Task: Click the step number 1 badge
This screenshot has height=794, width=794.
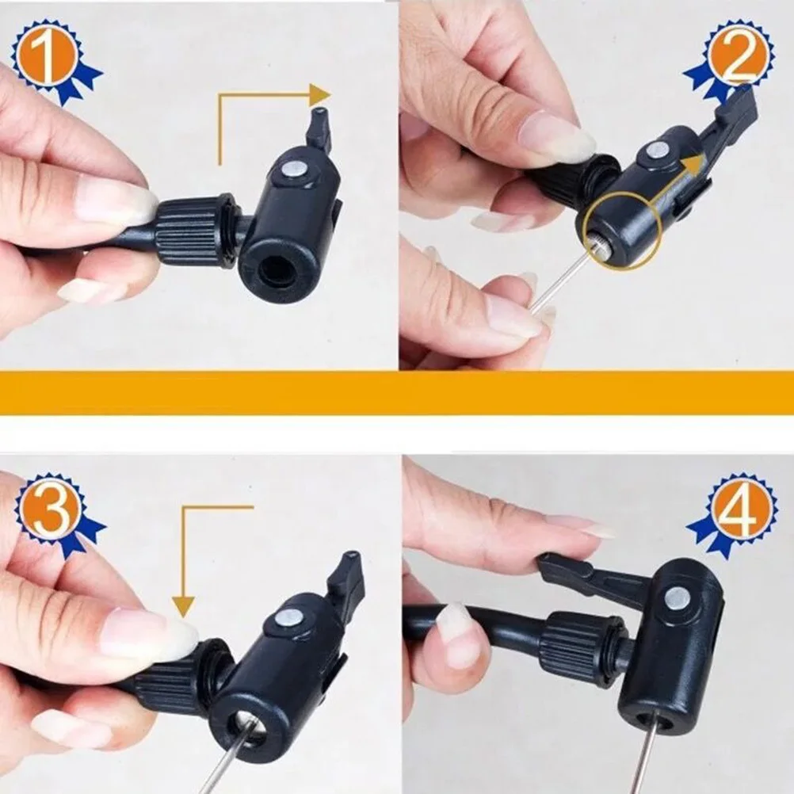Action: tap(50, 56)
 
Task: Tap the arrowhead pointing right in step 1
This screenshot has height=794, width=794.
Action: tap(320, 95)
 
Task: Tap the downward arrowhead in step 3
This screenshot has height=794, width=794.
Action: tap(184, 608)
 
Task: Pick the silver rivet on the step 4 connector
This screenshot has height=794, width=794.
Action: tap(676, 598)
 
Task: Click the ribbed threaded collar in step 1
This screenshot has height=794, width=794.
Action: tap(195, 229)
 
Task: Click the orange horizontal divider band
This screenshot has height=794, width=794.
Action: tap(396, 392)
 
